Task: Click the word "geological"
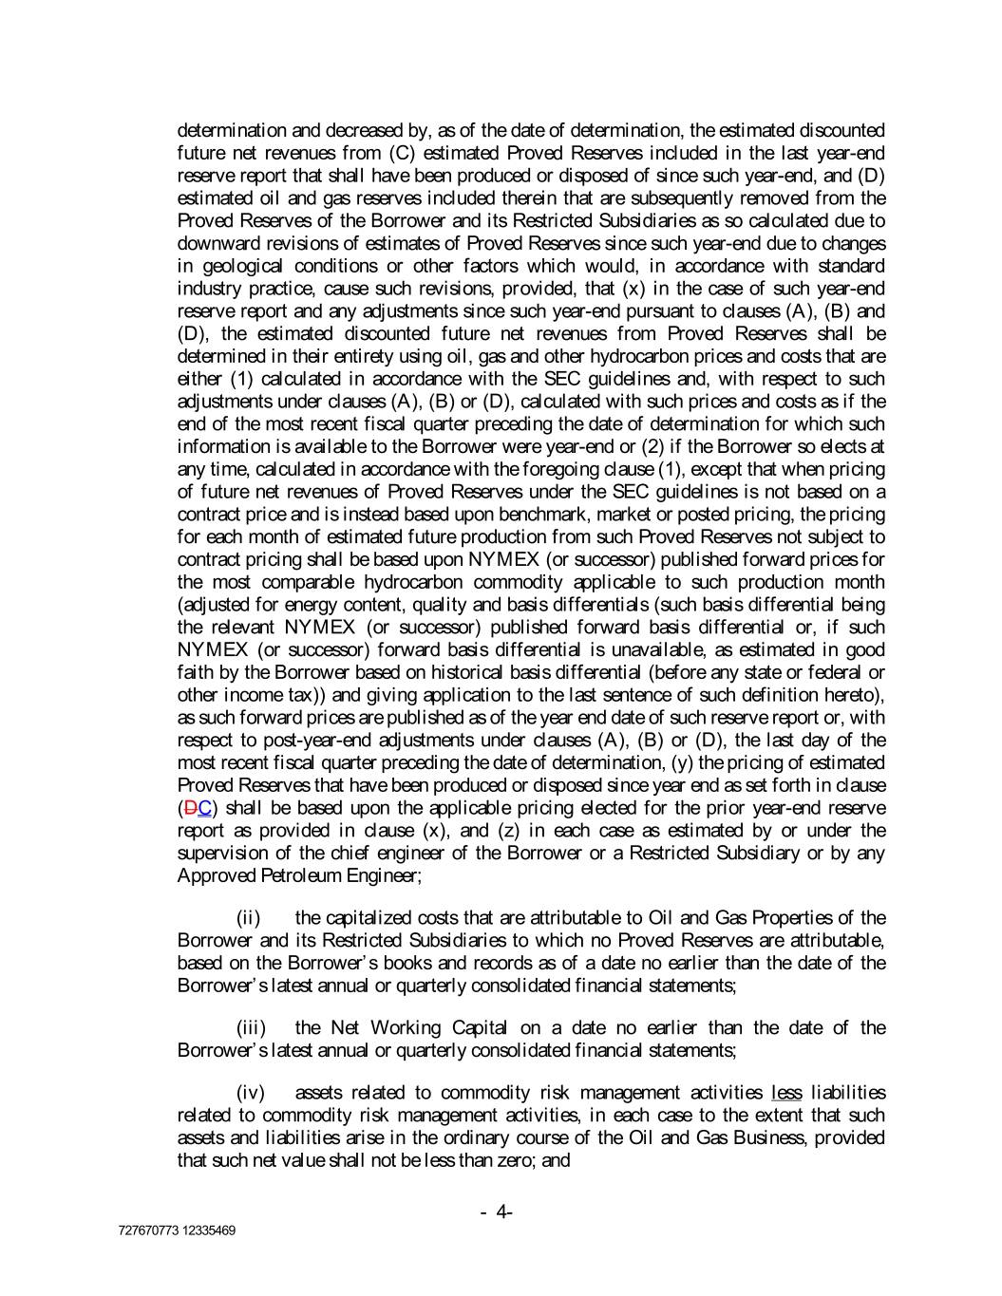238,266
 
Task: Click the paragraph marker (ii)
248,918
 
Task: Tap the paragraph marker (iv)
250,1093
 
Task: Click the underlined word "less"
786,1093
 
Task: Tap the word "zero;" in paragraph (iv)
515,1161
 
